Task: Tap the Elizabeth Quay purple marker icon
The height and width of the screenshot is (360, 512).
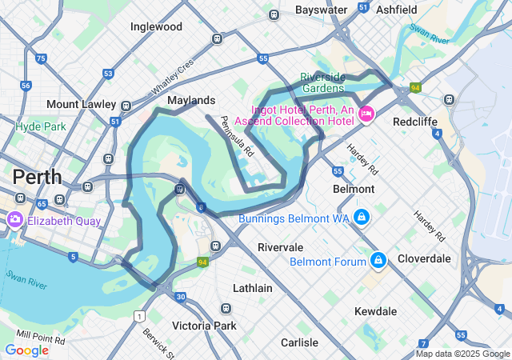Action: [x=15, y=219]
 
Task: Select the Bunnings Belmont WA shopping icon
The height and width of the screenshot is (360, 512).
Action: [x=362, y=218]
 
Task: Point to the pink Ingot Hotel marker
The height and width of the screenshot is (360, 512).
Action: [x=367, y=114]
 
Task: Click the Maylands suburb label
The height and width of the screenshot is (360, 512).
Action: [x=191, y=101]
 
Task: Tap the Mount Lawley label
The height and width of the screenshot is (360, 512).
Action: [x=78, y=105]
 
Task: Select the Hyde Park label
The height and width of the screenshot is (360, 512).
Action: [x=40, y=126]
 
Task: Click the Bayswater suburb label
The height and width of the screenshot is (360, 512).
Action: [x=321, y=10]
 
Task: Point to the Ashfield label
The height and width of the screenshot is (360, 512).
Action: [x=396, y=10]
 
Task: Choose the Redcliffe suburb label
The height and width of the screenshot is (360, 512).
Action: [x=414, y=122]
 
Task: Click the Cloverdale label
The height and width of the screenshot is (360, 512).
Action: [x=424, y=258]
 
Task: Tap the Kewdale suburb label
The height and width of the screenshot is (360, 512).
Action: [x=375, y=310]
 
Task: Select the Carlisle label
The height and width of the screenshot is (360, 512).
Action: [x=299, y=342]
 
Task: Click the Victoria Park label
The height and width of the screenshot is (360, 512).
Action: [x=204, y=326]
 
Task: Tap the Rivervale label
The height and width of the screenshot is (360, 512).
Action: [x=280, y=248]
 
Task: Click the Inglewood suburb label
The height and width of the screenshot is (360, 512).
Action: [x=156, y=26]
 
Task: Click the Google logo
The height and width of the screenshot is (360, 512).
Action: [x=26, y=350]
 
